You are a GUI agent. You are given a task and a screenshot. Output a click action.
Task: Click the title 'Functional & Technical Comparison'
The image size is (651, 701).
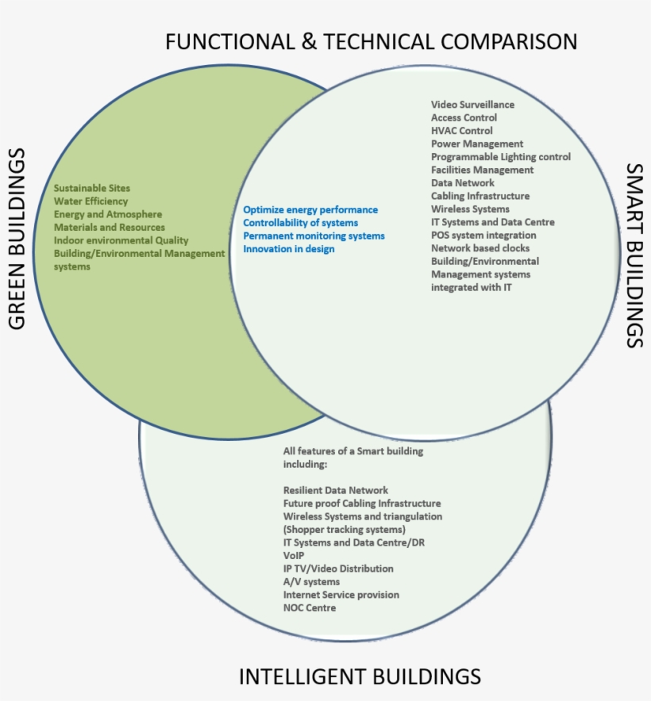pyautogui.click(x=371, y=41)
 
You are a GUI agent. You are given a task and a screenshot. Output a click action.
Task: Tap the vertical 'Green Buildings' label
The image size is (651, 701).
pyautogui.click(x=17, y=238)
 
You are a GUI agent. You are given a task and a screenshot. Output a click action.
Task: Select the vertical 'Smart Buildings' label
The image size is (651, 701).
pyautogui.click(x=634, y=255)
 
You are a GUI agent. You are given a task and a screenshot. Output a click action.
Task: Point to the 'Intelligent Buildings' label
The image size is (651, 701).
pyautogui.click(x=360, y=676)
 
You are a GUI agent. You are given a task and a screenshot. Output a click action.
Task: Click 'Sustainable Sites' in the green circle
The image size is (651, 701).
pyautogui.click(x=91, y=189)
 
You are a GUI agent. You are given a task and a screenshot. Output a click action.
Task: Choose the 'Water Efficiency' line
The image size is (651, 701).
pyautogui.click(x=91, y=201)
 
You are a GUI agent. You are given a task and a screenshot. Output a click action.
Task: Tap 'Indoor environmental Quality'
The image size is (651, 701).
pyautogui.click(x=121, y=240)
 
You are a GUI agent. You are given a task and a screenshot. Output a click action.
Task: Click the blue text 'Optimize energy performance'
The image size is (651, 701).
pyautogui.click(x=310, y=210)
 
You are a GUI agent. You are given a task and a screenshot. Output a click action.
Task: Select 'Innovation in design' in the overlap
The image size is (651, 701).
pyautogui.click(x=288, y=249)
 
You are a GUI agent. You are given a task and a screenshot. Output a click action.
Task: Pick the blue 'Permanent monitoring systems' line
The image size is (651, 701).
pyautogui.click(x=314, y=236)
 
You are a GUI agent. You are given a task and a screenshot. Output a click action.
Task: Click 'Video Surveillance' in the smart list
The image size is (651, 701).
pyautogui.click(x=472, y=105)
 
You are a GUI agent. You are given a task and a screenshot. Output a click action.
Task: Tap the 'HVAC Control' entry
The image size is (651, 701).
pyautogui.click(x=461, y=131)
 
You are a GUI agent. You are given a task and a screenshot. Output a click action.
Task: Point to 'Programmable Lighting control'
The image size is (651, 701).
pyautogui.click(x=500, y=157)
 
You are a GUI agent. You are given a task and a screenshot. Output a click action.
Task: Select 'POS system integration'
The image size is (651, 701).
pyautogui.click(x=483, y=236)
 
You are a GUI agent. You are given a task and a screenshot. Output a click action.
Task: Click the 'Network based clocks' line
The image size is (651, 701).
pyautogui.click(x=480, y=248)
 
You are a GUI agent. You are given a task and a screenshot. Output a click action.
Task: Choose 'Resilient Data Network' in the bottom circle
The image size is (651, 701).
pyautogui.click(x=336, y=491)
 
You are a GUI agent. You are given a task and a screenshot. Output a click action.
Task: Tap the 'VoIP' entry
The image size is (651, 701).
pyautogui.click(x=294, y=556)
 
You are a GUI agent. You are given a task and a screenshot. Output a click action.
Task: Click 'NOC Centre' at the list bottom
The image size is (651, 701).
pyautogui.click(x=310, y=608)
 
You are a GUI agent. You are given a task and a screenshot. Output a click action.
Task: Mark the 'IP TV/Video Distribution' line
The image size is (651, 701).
pyautogui.click(x=338, y=569)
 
